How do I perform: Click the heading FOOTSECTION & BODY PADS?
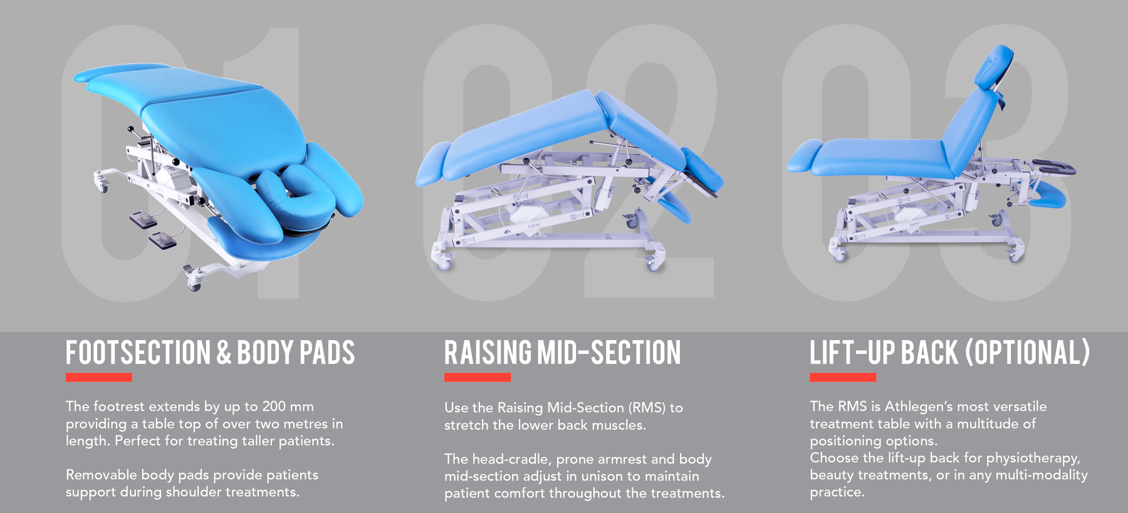[x=210, y=352]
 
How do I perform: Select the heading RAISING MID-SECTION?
[x=562, y=352]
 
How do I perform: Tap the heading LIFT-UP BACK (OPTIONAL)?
[x=949, y=352]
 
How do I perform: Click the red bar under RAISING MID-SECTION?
[x=478, y=377]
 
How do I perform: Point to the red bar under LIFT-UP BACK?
[x=843, y=377]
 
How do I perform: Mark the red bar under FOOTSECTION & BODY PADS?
[x=99, y=377]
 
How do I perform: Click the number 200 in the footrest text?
[x=274, y=407]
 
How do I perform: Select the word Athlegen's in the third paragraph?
[x=916, y=407]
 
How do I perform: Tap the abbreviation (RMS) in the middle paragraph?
[x=648, y=408]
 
